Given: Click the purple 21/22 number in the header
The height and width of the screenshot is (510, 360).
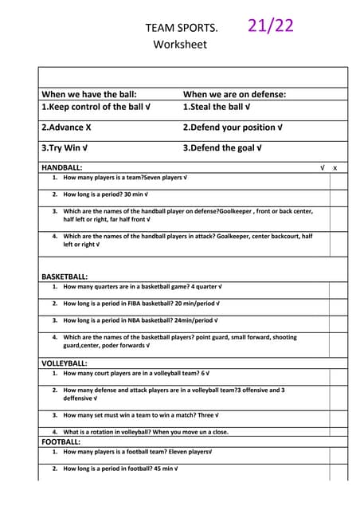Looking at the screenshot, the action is [x=271, y=25].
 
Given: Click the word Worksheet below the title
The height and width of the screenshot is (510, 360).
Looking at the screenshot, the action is [x=179, y=45].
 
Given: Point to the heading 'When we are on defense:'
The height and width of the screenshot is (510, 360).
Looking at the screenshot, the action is [x=234, y=94].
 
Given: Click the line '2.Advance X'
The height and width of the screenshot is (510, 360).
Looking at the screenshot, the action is [x=66, y=127].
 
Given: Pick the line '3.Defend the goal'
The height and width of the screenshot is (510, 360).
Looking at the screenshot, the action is [x=220, y=147].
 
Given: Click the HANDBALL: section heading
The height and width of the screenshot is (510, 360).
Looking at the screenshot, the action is [x=61, y=168].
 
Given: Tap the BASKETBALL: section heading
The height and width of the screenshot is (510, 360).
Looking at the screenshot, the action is [x=65, y=277].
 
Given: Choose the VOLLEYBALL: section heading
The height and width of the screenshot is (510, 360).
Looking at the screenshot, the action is [x=64, y=363].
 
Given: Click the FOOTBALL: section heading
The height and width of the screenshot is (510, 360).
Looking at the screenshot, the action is [x=61, y=441].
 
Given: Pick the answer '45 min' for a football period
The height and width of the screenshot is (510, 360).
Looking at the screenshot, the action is [x=161, y=469].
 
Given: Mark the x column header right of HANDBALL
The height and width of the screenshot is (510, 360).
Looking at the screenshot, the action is [x=335, y=168].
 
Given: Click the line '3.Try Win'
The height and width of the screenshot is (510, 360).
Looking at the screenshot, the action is [x=65, y=147].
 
